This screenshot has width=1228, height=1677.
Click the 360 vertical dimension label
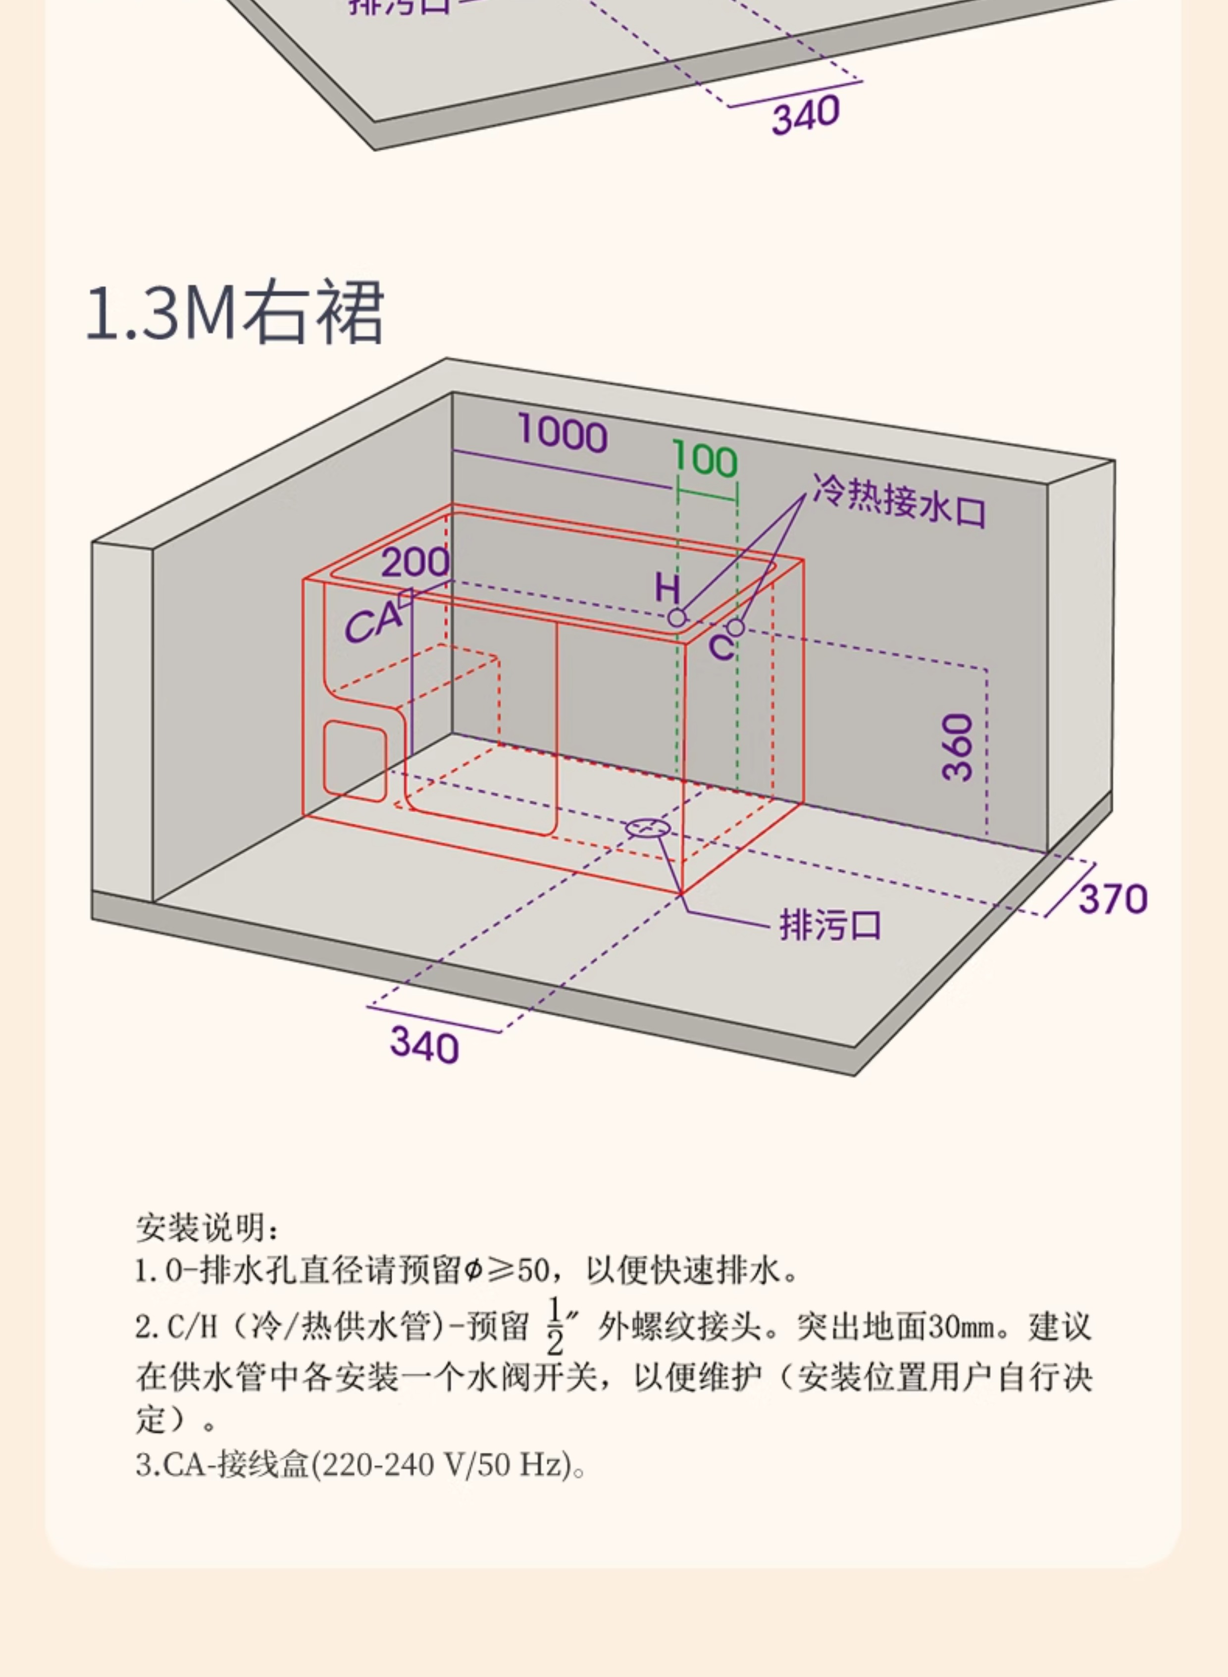click(958, 747)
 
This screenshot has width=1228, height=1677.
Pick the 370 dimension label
click(1113, 899)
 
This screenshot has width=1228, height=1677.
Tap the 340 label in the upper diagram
click(806, 115)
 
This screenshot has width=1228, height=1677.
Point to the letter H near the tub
click(667, 589)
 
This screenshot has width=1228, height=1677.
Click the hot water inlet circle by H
click(676, 617)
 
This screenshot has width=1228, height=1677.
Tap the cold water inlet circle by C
click(735, 628)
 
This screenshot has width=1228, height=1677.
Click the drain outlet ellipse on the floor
click(648, 828)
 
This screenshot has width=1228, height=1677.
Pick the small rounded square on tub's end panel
click(355, 761)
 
